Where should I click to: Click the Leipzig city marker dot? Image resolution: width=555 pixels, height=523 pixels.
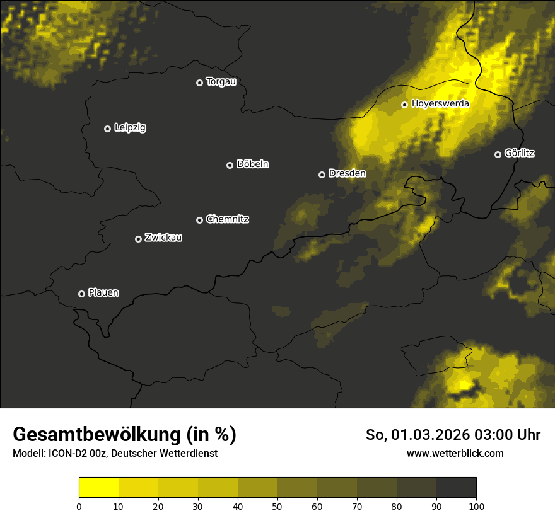click(107, 129)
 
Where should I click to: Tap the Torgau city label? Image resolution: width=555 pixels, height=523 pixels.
click(221, 82)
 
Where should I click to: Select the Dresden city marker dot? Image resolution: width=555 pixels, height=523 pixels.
click(322, 175)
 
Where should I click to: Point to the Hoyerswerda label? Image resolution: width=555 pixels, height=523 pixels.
click(440, 104)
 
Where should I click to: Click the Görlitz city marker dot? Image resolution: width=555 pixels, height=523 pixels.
click(498, 154)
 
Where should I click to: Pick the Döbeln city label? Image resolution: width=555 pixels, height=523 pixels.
click(252, 164)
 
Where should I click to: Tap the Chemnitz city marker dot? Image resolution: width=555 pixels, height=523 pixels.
click(199, 220)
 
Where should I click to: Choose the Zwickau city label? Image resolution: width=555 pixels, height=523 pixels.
click(163, 238)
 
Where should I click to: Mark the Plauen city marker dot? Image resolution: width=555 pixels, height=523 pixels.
click(81, 294)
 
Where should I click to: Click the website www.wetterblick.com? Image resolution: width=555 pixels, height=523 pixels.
click(455, 454)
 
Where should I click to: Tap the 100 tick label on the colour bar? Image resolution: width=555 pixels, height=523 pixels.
click(476, 506)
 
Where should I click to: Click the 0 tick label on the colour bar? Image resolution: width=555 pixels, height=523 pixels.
click(79, 506)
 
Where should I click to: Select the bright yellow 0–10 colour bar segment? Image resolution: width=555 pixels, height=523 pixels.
click(98, 488)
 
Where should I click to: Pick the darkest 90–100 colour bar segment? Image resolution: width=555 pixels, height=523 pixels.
click(456, 488)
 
